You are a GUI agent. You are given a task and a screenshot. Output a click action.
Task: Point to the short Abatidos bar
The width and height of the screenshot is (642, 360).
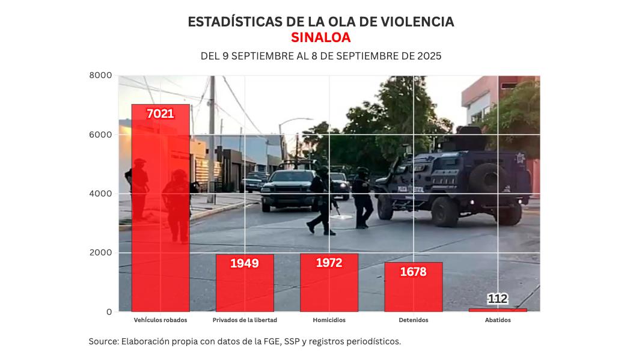498,310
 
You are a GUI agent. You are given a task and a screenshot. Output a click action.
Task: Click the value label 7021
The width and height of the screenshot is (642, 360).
160,113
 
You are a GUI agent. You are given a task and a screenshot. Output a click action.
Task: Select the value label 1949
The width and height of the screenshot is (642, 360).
245,263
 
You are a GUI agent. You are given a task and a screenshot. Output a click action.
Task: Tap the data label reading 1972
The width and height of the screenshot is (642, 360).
329,263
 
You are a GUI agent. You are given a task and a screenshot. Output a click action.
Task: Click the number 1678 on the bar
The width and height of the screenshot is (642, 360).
413,272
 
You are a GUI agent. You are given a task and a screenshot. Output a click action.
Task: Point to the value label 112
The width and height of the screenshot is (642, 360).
498,299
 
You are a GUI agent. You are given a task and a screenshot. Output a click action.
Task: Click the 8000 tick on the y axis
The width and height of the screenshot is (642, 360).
100,75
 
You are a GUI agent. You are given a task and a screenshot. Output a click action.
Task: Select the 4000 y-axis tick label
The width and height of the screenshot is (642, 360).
100,194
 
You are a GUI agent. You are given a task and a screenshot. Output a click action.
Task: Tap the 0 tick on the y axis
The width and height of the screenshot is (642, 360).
109,312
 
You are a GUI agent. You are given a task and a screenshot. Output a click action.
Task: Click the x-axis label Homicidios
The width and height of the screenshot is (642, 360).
329,320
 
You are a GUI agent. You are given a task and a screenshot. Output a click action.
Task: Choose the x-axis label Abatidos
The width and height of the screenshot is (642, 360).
498,320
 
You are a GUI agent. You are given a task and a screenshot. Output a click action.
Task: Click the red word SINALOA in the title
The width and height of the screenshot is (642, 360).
320,38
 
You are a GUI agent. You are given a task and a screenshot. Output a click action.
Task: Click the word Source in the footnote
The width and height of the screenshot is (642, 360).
103,341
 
